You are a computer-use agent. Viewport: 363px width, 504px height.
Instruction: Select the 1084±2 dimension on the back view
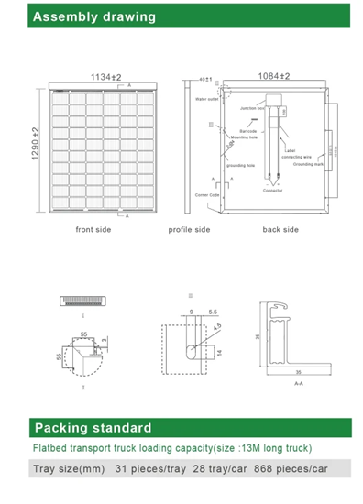(x=272, y=76)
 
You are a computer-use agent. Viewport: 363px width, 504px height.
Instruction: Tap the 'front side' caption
(x=93, y=229)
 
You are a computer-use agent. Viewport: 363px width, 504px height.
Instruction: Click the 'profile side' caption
(x=189, y=229)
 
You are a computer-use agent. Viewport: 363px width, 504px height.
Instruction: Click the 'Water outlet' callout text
(x=207, y=99)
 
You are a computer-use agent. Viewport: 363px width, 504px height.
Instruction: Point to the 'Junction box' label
(x=252, y=108)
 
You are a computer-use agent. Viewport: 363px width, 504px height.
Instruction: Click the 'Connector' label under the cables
(x=272, y=190)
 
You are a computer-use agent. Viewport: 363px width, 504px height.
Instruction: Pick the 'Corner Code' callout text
(x=207, y=194)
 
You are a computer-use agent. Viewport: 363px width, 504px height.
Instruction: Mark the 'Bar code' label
(x=247, y=130)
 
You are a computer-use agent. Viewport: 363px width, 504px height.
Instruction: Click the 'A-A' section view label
(x=299, y=384)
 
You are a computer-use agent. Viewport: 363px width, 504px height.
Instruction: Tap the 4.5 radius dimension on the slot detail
(x=217, y=323)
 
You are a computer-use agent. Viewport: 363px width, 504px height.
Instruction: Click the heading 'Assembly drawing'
(x=82, y=16)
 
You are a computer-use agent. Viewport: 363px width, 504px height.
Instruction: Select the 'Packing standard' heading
(x=93, y=427)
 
